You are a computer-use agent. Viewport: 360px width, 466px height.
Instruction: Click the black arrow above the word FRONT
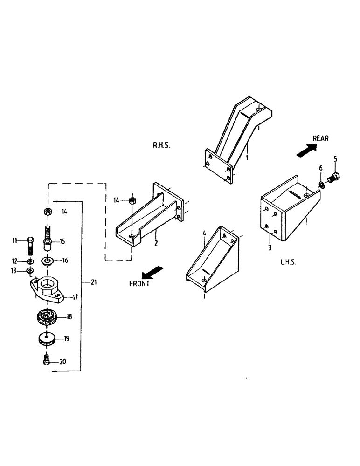153,272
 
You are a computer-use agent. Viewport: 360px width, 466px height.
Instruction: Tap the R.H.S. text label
161,145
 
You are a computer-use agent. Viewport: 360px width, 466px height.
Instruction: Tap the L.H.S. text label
289,262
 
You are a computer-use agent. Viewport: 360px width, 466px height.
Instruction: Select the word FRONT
140,283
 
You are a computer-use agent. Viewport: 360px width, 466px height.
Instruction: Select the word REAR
320,138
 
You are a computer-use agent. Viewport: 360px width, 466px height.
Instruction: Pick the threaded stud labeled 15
47,236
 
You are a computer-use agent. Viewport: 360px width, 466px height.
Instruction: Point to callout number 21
94,282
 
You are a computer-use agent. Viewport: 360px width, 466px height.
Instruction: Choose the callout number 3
270,248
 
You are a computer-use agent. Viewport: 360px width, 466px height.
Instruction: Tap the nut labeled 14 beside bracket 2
132,200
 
